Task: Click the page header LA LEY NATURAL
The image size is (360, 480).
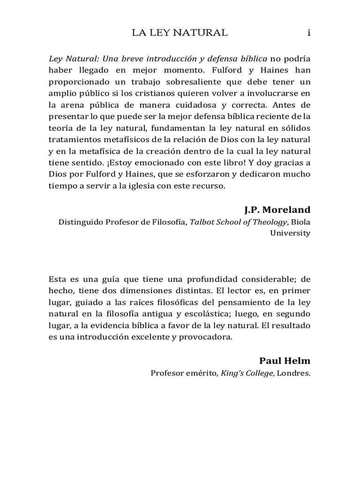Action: point(180,32)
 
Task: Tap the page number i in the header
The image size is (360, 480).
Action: point(308,32)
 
